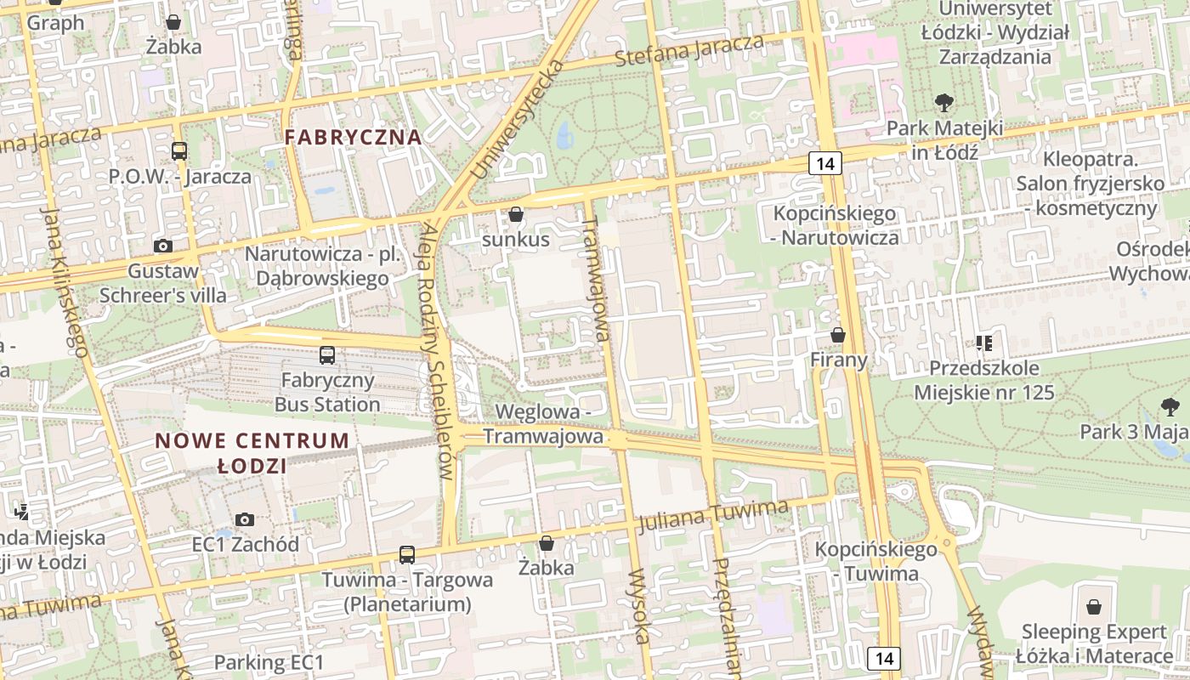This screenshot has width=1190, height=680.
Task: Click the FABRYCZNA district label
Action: tap(353, 137)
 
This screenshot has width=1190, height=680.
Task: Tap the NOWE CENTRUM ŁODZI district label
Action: tap(252, 453)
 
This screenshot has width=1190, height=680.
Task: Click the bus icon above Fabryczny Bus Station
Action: tap(327, 355)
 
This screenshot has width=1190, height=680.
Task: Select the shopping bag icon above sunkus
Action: tap(516, 214)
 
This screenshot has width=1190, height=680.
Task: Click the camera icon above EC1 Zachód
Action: tap(245, 519)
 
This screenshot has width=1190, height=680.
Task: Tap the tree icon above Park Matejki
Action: tap(943, 104)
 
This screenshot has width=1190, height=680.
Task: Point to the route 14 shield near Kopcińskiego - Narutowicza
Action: tap(825, 163)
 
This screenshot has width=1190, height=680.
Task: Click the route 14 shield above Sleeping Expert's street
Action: tap(884, 658)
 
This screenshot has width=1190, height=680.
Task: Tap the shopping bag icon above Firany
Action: tap(838, 335)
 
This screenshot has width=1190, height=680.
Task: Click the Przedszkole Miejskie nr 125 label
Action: tap(984, 380)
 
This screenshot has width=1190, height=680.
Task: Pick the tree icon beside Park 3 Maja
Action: tap(1170, 407)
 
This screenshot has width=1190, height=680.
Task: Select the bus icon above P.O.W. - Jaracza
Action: tap(179, 151)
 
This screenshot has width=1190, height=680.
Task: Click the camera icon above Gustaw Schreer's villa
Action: tap(163, 246)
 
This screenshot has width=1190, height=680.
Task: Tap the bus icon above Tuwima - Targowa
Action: tap(407, 555)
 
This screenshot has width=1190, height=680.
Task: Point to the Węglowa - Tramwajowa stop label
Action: tap(544, 424)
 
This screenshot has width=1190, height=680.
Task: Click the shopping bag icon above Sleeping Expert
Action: tap(1094, 607)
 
